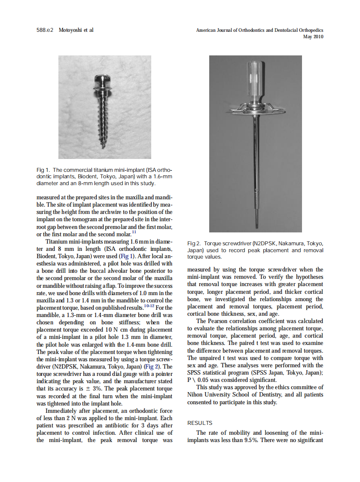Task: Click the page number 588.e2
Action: pos(45,30)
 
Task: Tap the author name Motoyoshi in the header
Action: pos(71,30)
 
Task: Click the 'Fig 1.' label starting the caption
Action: pos(43,170)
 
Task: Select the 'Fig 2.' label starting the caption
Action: pos(194,244)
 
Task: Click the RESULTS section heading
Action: pos(200,423)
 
